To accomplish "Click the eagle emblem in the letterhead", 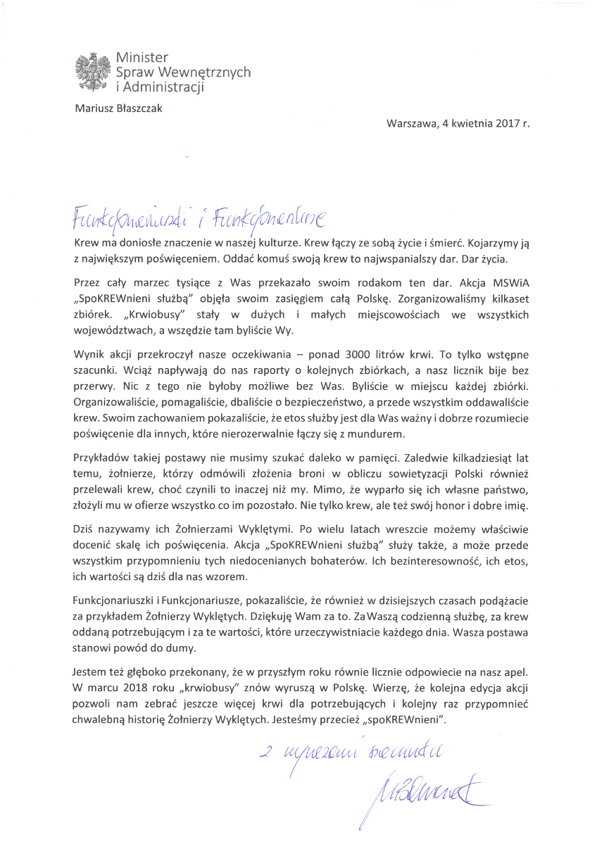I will point(92,70).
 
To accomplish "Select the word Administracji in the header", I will point(163,87).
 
